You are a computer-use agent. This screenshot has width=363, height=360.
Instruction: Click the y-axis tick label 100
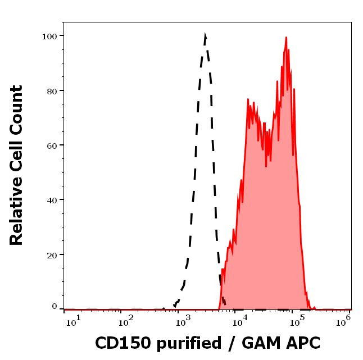point(49,36)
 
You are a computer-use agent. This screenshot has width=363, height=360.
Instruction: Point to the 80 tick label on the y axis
point(51,90)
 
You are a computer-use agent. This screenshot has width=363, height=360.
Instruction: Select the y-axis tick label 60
point(51,145)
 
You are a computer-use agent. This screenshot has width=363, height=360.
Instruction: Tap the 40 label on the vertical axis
point(51,199)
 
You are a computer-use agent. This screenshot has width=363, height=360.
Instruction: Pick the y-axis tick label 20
point(51,254)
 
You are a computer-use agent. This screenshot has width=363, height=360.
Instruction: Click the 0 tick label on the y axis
point(55,307)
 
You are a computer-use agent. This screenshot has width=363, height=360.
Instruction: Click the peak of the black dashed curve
point(205,35)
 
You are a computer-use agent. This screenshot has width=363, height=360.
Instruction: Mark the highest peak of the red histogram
point(286,38)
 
